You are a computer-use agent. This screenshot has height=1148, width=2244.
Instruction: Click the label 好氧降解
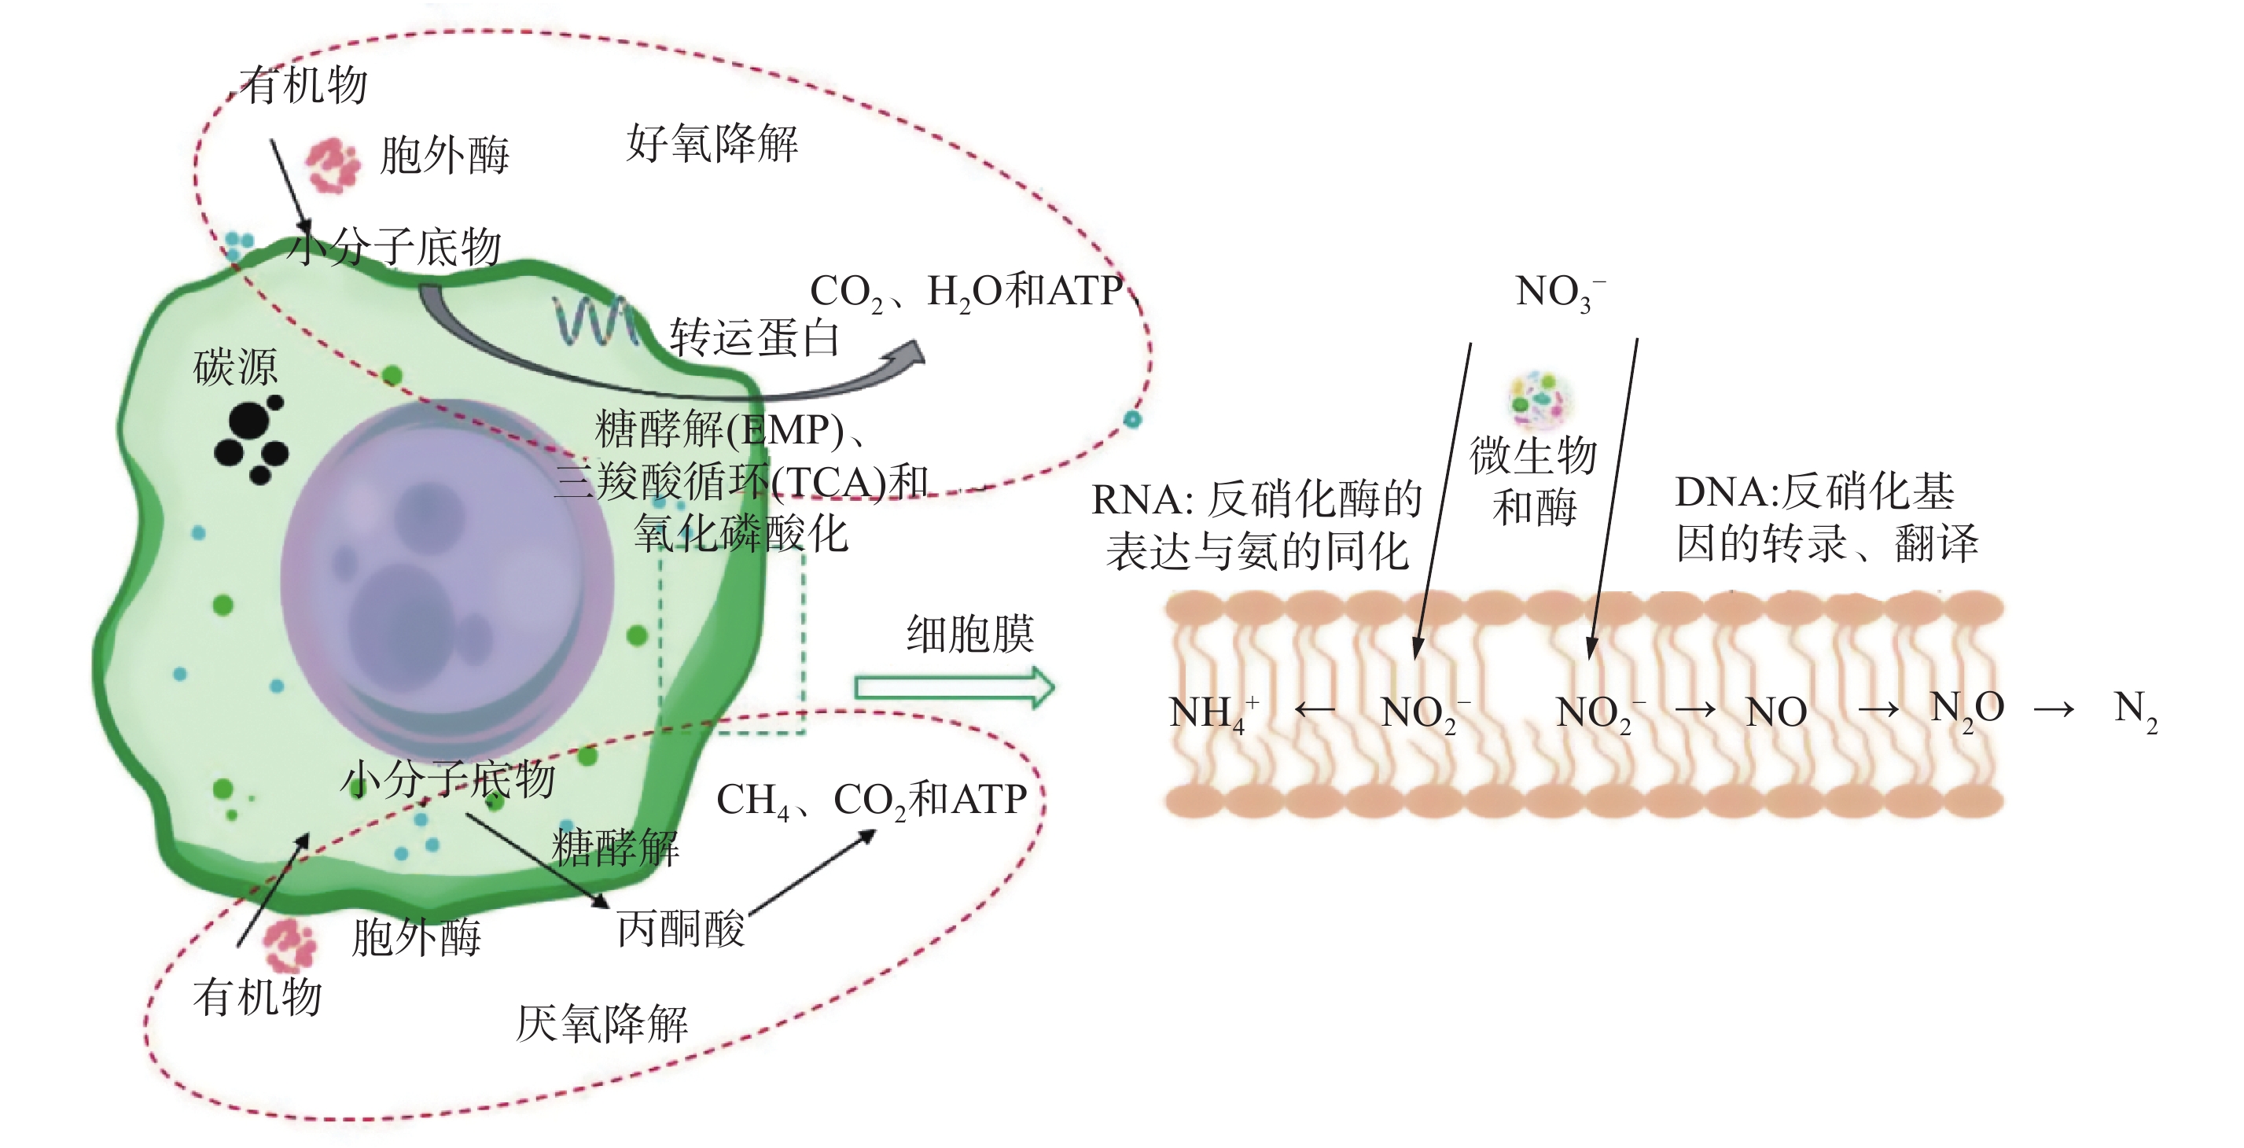coord(712,144)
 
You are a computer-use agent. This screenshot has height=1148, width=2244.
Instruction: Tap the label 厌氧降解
coord(602,1024)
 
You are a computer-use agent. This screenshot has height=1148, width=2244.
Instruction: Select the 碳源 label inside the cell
coord(235,366)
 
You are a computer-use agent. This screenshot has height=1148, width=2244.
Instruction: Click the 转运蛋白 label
coord(753,338)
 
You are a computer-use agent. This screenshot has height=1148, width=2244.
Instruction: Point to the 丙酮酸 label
coord(680,929)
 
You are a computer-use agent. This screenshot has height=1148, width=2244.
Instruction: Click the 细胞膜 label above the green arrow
coord(969,633)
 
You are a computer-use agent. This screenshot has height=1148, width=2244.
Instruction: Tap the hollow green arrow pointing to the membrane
coord(954,688)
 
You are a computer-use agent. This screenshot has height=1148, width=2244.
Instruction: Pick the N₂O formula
coord(1966,710)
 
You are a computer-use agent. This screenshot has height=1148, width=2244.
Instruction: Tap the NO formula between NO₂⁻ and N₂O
coord(1776,712)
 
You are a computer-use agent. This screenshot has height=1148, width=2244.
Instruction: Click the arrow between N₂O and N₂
coord(2053,711)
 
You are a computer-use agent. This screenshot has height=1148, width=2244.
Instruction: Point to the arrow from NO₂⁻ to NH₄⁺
coord(1315,711)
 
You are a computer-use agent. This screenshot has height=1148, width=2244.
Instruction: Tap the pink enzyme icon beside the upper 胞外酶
coord(331,164)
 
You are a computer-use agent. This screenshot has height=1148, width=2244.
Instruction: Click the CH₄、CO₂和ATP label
coord(871,800)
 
